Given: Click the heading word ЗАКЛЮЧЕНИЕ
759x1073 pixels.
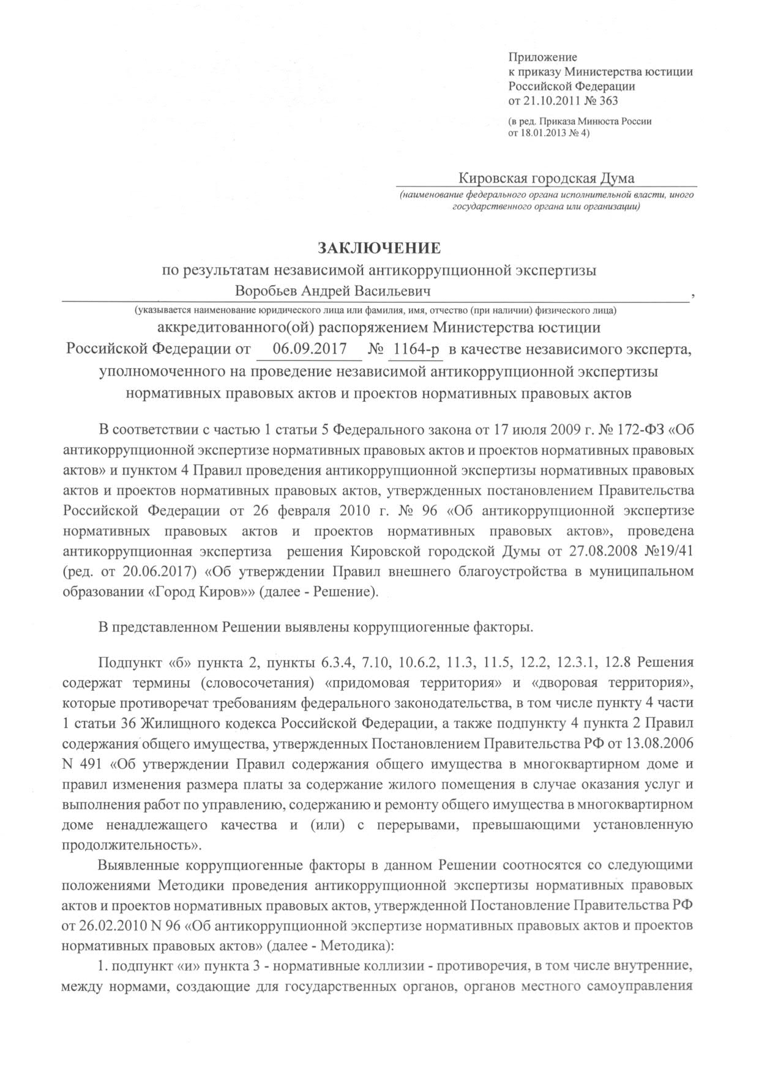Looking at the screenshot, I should (x=378, y=248).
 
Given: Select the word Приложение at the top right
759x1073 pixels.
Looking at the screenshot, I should (x=539, y=58).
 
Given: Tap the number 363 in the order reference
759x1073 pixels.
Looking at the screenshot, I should (x=615, y=100).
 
